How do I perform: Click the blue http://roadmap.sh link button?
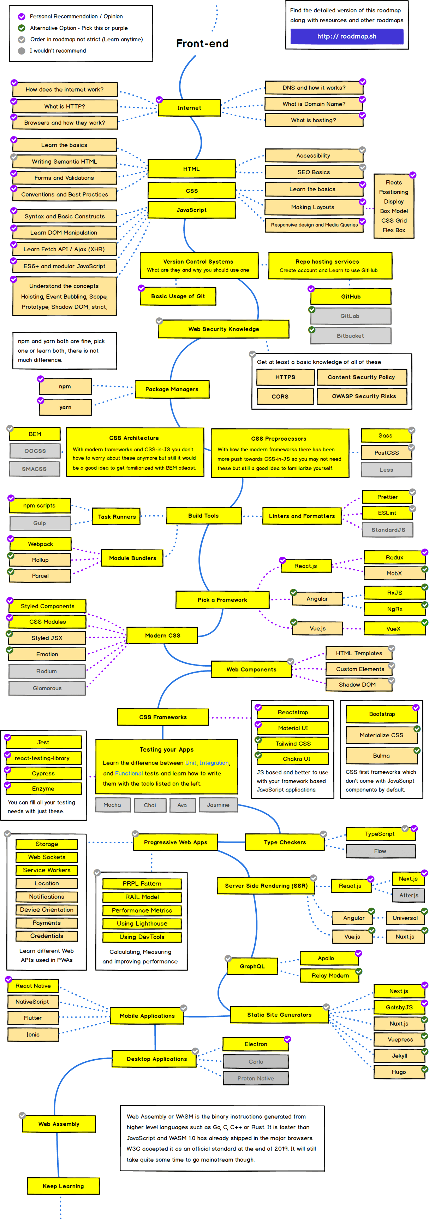[347, 36]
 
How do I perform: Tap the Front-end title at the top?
[202, 43]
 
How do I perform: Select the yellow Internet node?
[189, 108]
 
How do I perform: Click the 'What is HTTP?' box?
[65, 106]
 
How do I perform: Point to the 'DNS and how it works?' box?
[314, 88]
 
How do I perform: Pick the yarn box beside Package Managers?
[65, 408]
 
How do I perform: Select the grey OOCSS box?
[35, 451]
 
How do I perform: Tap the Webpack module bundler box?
[41, 544]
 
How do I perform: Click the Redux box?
[394, 557]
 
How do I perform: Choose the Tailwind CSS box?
[293, 743]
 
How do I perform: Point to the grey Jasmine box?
[218, 805]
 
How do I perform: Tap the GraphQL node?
[252, 966]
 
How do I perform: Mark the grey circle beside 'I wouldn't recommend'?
[21, 51]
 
